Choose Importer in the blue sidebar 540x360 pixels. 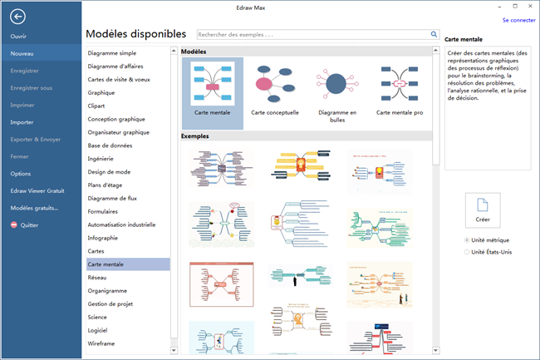click(22, 121)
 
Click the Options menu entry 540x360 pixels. click(21, 173)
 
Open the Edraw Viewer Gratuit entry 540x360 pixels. click(37, 190)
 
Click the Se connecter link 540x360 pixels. click(518, 20)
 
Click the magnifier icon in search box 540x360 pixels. click(434, 35)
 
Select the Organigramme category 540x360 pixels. click(108, 291)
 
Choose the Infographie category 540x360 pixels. click(104, 237)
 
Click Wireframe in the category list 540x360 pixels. click(101, 343)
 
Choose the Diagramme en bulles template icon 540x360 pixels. click(336, 85)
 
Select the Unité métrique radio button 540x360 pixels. click(467, 240)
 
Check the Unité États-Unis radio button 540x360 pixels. click(467, 252)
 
